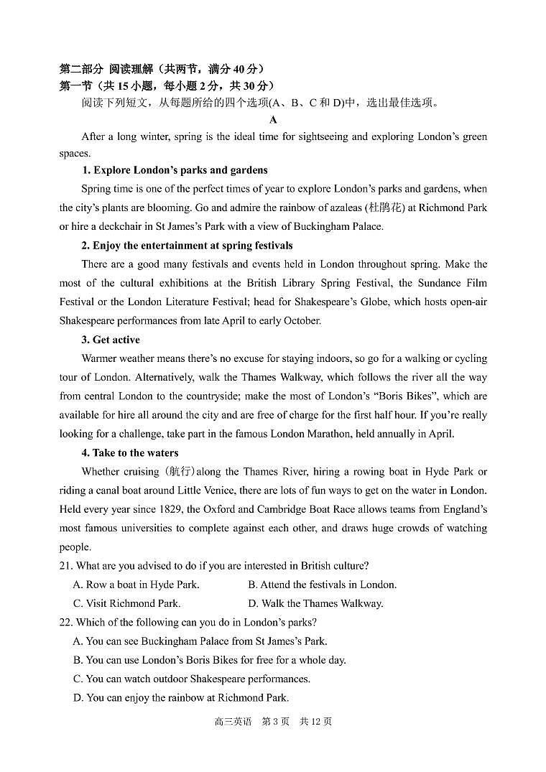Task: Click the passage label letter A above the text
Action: tap(273, 120)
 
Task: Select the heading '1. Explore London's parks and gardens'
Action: tap(175, 170)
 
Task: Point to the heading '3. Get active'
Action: tap(111, 340)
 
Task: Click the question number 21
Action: tap(65, 566)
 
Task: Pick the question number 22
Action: tap(65, 623)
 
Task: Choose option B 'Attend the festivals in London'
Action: tap(322, 585)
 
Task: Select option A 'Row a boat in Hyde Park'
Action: tap(136, 585)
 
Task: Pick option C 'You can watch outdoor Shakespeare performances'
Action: tap(191, 679)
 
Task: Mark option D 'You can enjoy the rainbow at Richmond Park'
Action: tap(180, 697)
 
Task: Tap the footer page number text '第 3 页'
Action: tap(275, 722)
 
